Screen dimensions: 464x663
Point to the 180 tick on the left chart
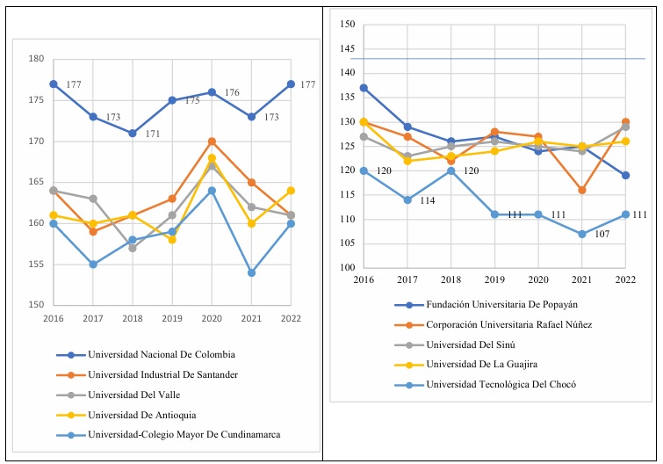[x=36, y=60]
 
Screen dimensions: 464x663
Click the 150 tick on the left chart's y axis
[x=36, y=305]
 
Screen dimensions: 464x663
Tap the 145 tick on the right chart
[x=345, y=49]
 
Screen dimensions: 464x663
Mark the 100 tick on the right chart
[x=345, y=268]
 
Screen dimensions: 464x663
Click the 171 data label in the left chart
[x=152, y=135]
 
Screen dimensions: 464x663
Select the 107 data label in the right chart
[x=602, y=235]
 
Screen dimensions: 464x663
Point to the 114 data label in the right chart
[x=428, y=201]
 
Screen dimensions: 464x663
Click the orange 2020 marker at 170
[x=212, y=141]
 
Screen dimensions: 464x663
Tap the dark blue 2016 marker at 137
[x=364, y=88]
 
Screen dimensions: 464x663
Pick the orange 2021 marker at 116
[x=581, y=190]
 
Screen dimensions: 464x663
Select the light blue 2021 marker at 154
[x=250, y=272]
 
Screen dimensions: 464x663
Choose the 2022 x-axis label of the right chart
[x=624, y=279]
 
